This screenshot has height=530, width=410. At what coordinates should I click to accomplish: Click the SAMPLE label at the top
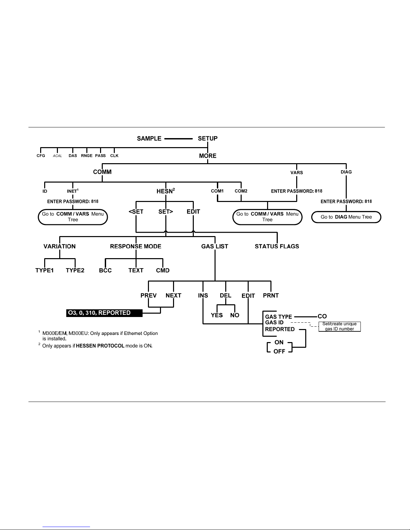click(x=149, y=138)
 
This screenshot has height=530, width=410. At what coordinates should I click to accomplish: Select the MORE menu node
click(x=208, y=156)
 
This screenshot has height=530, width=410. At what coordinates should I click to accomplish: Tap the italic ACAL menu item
click(x=57, y=156)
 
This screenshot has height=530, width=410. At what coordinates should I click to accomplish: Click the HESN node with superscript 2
click(x=166, y=191)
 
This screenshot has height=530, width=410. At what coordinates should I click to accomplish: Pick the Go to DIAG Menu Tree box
click(x=346, y=217)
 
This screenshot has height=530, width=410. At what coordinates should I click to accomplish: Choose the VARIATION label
click(x=60, y=246)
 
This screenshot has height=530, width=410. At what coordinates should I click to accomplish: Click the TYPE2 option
click(x=75, y=270)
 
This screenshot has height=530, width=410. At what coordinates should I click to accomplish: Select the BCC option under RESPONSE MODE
click(x=105, y=270)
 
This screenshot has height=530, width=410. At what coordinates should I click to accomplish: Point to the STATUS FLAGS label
click(x=277, y=246)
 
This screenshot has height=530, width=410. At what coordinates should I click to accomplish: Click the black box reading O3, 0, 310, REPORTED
click(x=104, y=313)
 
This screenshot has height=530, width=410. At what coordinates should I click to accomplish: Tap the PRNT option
click(x=271, y=295)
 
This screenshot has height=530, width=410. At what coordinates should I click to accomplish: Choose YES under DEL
click(x=217, y=315)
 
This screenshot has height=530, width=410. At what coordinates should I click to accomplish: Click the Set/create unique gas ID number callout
click(x=339, y=326)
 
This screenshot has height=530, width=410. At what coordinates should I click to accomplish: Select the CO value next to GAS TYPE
click(x=322, y=316)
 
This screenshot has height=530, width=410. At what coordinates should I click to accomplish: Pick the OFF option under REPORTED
click(x=279, y=351)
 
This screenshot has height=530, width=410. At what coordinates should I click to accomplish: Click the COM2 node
click(x=241, y=191)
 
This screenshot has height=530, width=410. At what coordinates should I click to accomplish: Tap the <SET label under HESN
click(x=136, y=211)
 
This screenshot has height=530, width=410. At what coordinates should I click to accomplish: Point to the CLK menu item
click(x=114, y=155)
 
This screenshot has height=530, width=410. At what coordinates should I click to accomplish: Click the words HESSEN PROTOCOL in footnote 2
click(x=100, y=346)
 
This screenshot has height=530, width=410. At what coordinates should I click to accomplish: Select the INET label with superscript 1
click(x=73, y=191)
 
